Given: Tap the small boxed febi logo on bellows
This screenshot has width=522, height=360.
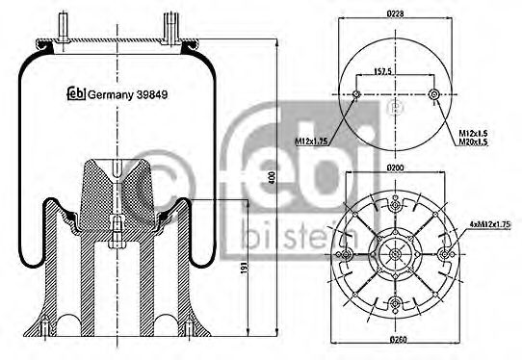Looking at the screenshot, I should tap(74, 93).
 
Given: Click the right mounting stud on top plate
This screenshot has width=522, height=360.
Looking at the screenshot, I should tap(170, 24).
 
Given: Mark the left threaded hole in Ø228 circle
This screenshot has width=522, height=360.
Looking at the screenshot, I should tap(357, 94).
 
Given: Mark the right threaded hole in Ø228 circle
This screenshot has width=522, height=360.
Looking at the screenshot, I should tap(435, 94).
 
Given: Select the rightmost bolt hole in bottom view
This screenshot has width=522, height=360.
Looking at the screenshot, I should tap(445, 254).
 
